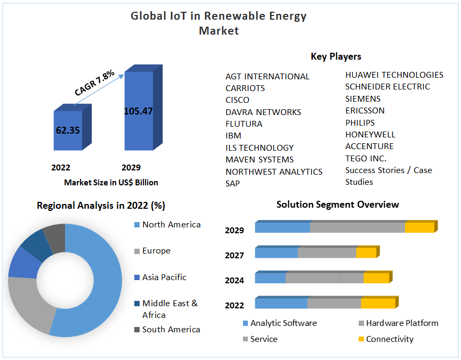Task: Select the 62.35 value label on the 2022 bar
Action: pyautogui.click(x=68, y=129)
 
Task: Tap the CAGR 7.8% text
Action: pyautogui.click(x=94, y=83)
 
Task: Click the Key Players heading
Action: pyautogui.click(x=336, y=56)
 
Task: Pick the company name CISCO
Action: pyautogui.click(x=237, y=100)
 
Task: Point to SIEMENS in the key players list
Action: pyautogui.click(x=363, y=99)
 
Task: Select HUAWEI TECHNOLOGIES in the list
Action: pyautogui.click(x=394, y=75)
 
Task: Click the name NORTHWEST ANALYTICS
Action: pyautogui.click(x=273, y=171)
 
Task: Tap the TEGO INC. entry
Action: pyautogui.click(x=366, y=158)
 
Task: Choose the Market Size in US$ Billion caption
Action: pyautogui.click(x=111, y=182)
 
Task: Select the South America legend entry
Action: pyautogui.click(x=171, y=330)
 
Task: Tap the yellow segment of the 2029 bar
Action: pyautogui.click(x=419, y=227)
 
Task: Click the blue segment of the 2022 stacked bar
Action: pyautogui.click(x=281, y=303)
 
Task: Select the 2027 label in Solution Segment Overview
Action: pyautogui.click(x=234, y=256)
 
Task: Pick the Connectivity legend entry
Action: pyautogui.click(x=389, y=339)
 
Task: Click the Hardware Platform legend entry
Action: pyautogui.click(x=402, y=323)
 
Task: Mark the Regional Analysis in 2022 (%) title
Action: pyautogui.click(x=101, y=205)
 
